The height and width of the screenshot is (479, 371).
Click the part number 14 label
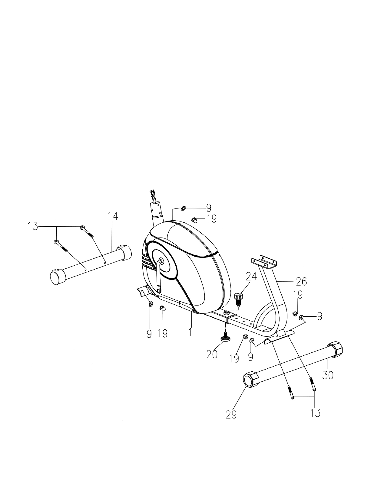[113, 216]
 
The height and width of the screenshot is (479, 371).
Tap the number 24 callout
[252, 277]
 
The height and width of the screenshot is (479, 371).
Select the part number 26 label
[301, 282]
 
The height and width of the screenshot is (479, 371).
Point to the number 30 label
[328, 375]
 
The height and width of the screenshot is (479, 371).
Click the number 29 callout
[231, 414]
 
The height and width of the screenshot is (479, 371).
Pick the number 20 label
[212, 354]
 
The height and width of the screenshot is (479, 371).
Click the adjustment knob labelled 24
[239, 299]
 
